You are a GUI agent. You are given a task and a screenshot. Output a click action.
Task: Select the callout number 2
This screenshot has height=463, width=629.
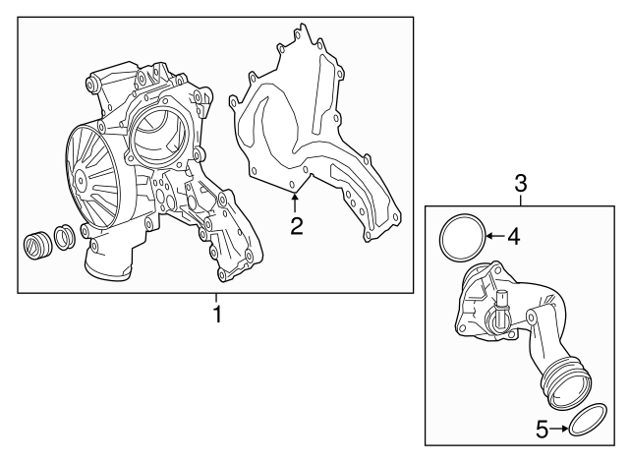point(295,227)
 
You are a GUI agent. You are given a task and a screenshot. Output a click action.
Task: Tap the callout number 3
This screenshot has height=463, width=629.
point(522,183)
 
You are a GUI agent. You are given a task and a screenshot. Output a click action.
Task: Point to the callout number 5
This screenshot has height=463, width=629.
point(541,429)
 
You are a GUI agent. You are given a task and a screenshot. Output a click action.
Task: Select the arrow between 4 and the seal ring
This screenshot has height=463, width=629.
point(495,236)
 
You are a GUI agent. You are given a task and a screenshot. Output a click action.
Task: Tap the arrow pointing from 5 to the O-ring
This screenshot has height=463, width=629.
point(558,429)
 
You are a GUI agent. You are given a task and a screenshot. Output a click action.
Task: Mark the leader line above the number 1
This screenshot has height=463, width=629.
point(217,299)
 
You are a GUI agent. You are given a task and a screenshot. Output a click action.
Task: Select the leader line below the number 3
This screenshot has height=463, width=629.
point(522,198)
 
